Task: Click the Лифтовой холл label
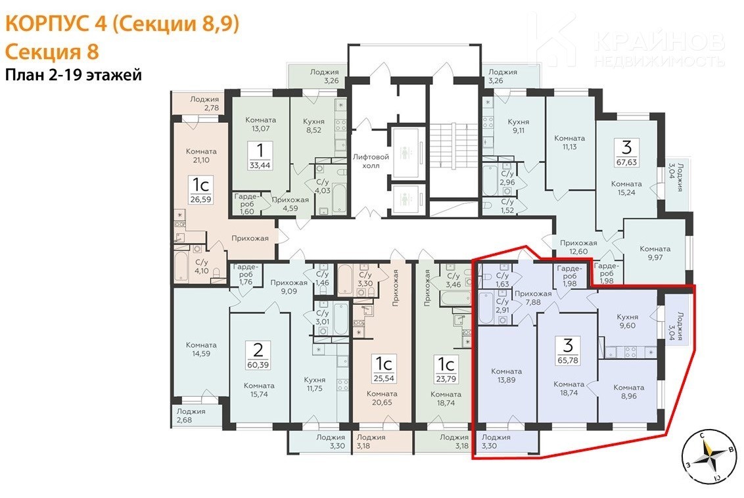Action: (x=371, y=161)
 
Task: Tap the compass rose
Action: (x=709, y=456)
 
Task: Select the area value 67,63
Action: (x=626, y=162)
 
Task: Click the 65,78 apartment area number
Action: (x=569, y=361)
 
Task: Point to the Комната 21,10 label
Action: (x=201, y=156)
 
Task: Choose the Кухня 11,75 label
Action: (x=315, y=384)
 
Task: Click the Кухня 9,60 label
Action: (x=627, y=321)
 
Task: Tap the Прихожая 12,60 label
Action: (x=578, y=247)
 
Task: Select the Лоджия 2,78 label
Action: (x=204, y=103)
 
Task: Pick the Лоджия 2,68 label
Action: (x=191, y=415)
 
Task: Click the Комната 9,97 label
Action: (x=655, y=253)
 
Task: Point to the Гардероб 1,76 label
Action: (x=245, y=274)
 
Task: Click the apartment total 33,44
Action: (x=260, y=166)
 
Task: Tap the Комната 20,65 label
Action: (x=382, y=398)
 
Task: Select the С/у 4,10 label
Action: (x=202, y=267)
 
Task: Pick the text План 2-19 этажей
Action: (x=73, y=75)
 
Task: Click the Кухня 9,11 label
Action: (x=518, y=126)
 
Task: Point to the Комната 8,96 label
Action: (x=629, y=392)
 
